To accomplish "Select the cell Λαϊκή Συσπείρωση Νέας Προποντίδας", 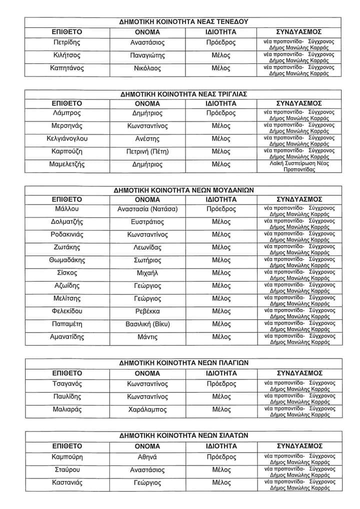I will click(299, 166).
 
